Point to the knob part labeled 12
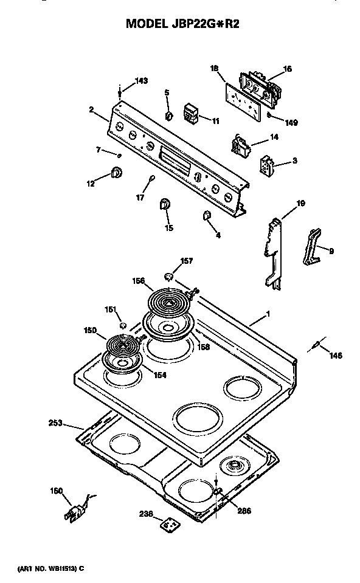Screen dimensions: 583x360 116,174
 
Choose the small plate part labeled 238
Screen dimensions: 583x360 168,523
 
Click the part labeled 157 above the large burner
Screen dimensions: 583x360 170,277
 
